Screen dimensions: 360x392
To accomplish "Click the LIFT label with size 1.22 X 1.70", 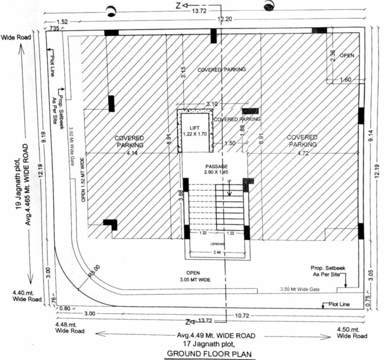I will coord(194,131).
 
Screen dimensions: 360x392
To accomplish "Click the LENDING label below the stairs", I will coord(217,244).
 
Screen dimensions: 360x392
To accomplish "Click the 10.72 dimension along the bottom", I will coord(242,315).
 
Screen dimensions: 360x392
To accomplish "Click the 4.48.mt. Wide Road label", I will coord(69,328).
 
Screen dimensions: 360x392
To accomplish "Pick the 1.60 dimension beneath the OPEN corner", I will coord(345,80).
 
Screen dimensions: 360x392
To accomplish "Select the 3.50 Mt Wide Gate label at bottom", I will coord(300,290).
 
